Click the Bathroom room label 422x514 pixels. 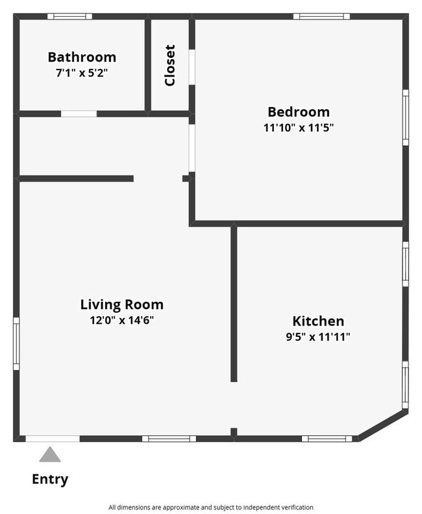[82, 57]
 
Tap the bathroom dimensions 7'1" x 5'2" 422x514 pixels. [82, 73]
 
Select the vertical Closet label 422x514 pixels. [170, 65]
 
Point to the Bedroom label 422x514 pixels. [299, 112]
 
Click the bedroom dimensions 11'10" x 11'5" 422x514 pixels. [299, 127]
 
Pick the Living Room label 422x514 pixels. [122, 304]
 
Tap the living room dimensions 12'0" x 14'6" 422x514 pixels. [122, 319]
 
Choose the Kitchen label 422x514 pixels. [318, 321]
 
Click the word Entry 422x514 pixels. [50, 480]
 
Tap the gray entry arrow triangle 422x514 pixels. [50, 454]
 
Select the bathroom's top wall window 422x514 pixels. [69, 16]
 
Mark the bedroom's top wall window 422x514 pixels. [321, 16]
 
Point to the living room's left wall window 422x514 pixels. [16, 343]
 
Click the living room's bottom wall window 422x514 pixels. [169, 439]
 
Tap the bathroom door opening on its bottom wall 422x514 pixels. [79, 114]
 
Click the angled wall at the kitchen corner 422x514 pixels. [383, 424]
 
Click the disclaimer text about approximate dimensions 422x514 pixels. [210, 507]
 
